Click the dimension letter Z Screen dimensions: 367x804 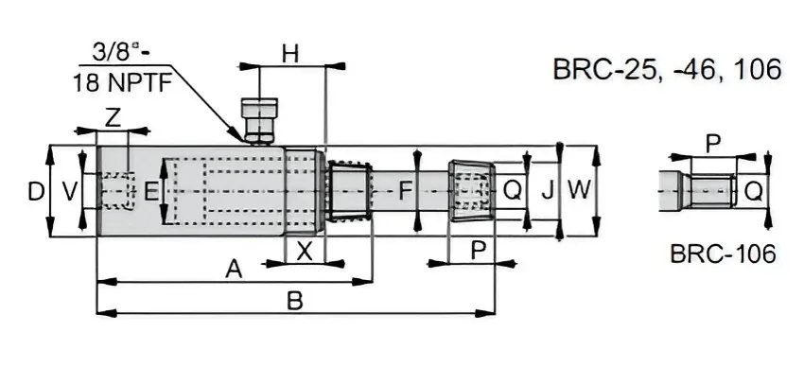click(x=113, y=118)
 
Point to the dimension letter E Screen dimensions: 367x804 click(x=150, y=192)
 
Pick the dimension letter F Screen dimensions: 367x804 click(x=405, y=192)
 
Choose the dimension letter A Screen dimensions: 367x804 click(x=234, y=269)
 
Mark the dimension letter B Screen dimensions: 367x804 click(x=294, y=302)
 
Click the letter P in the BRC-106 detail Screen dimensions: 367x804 click(x=713, y=143)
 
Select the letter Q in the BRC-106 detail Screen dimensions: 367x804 click(x=753, y=192)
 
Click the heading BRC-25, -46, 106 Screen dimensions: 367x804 click(x=666, y=69)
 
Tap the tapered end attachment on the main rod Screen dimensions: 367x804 click(x=470, y=191)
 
